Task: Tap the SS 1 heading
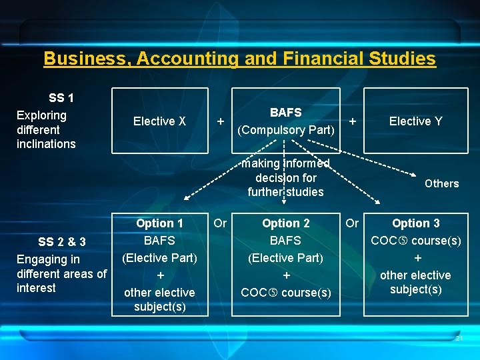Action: click(x=61, y=98)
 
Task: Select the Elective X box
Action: click(x=159, y=121)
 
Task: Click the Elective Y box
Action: click(x=415, y=121)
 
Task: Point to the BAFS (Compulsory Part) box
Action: click(x=285, y=121)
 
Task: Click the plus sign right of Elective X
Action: click(x=220, y=121)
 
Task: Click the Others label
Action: click(x=441, y=183)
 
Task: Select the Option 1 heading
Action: click(x=159, y=224)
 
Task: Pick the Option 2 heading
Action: click(x=285, y=224)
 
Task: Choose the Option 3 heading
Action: click(x=415, y=224)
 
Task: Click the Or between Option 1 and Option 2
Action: click(x=220, y=223)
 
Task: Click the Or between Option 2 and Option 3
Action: click(x=352, y=223)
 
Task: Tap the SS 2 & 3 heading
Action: click(x=62, y=241)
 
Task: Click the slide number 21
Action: click(x=459, y=339)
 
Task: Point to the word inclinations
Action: click(x=46, y=144)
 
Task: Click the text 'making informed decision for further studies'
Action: click(x=285, y=178)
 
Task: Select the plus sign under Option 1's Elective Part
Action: click(x=159, y=275)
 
